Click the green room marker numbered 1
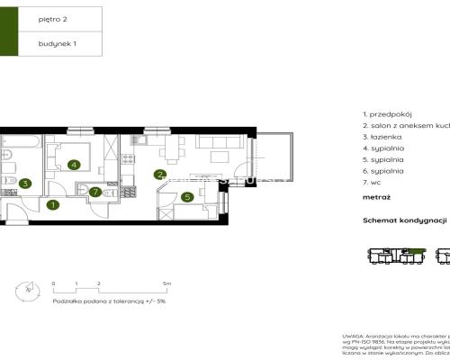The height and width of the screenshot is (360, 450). coord(52,205)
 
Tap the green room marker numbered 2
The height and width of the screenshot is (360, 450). coord(160,175)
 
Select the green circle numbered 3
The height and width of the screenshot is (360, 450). coord(25,184)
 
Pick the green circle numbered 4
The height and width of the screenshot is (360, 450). coord(72,165)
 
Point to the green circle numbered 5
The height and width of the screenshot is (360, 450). coord(186,197)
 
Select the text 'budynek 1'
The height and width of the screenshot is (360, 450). coord(58,42)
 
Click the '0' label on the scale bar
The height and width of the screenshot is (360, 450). coord(54,283)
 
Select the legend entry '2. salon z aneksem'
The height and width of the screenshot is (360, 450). coord(405,126)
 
